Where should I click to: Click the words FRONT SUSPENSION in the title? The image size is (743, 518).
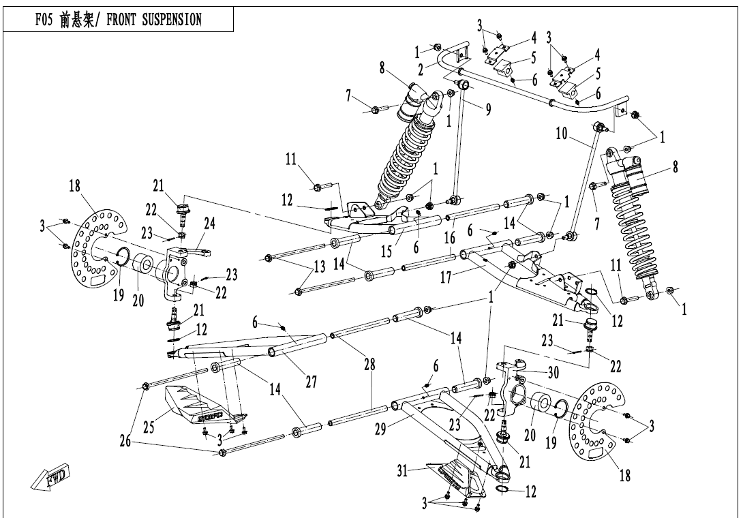(154, 20)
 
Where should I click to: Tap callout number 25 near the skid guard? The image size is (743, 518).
(149, 427)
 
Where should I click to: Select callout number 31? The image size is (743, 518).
(402, 472)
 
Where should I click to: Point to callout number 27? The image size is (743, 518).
(312, 382)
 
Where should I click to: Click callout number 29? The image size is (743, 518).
(381, 429)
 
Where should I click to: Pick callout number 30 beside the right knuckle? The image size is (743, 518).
(554, 373)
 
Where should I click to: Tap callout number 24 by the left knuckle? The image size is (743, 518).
(209, 224)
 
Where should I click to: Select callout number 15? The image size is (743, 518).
(386, 251)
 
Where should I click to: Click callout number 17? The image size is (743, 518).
(446, 277)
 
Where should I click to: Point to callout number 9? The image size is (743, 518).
(488, 110)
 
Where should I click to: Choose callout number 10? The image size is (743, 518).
(562, 134)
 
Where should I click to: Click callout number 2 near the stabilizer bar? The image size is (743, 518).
(421, 70)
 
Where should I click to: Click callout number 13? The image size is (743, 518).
(320, 266)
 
